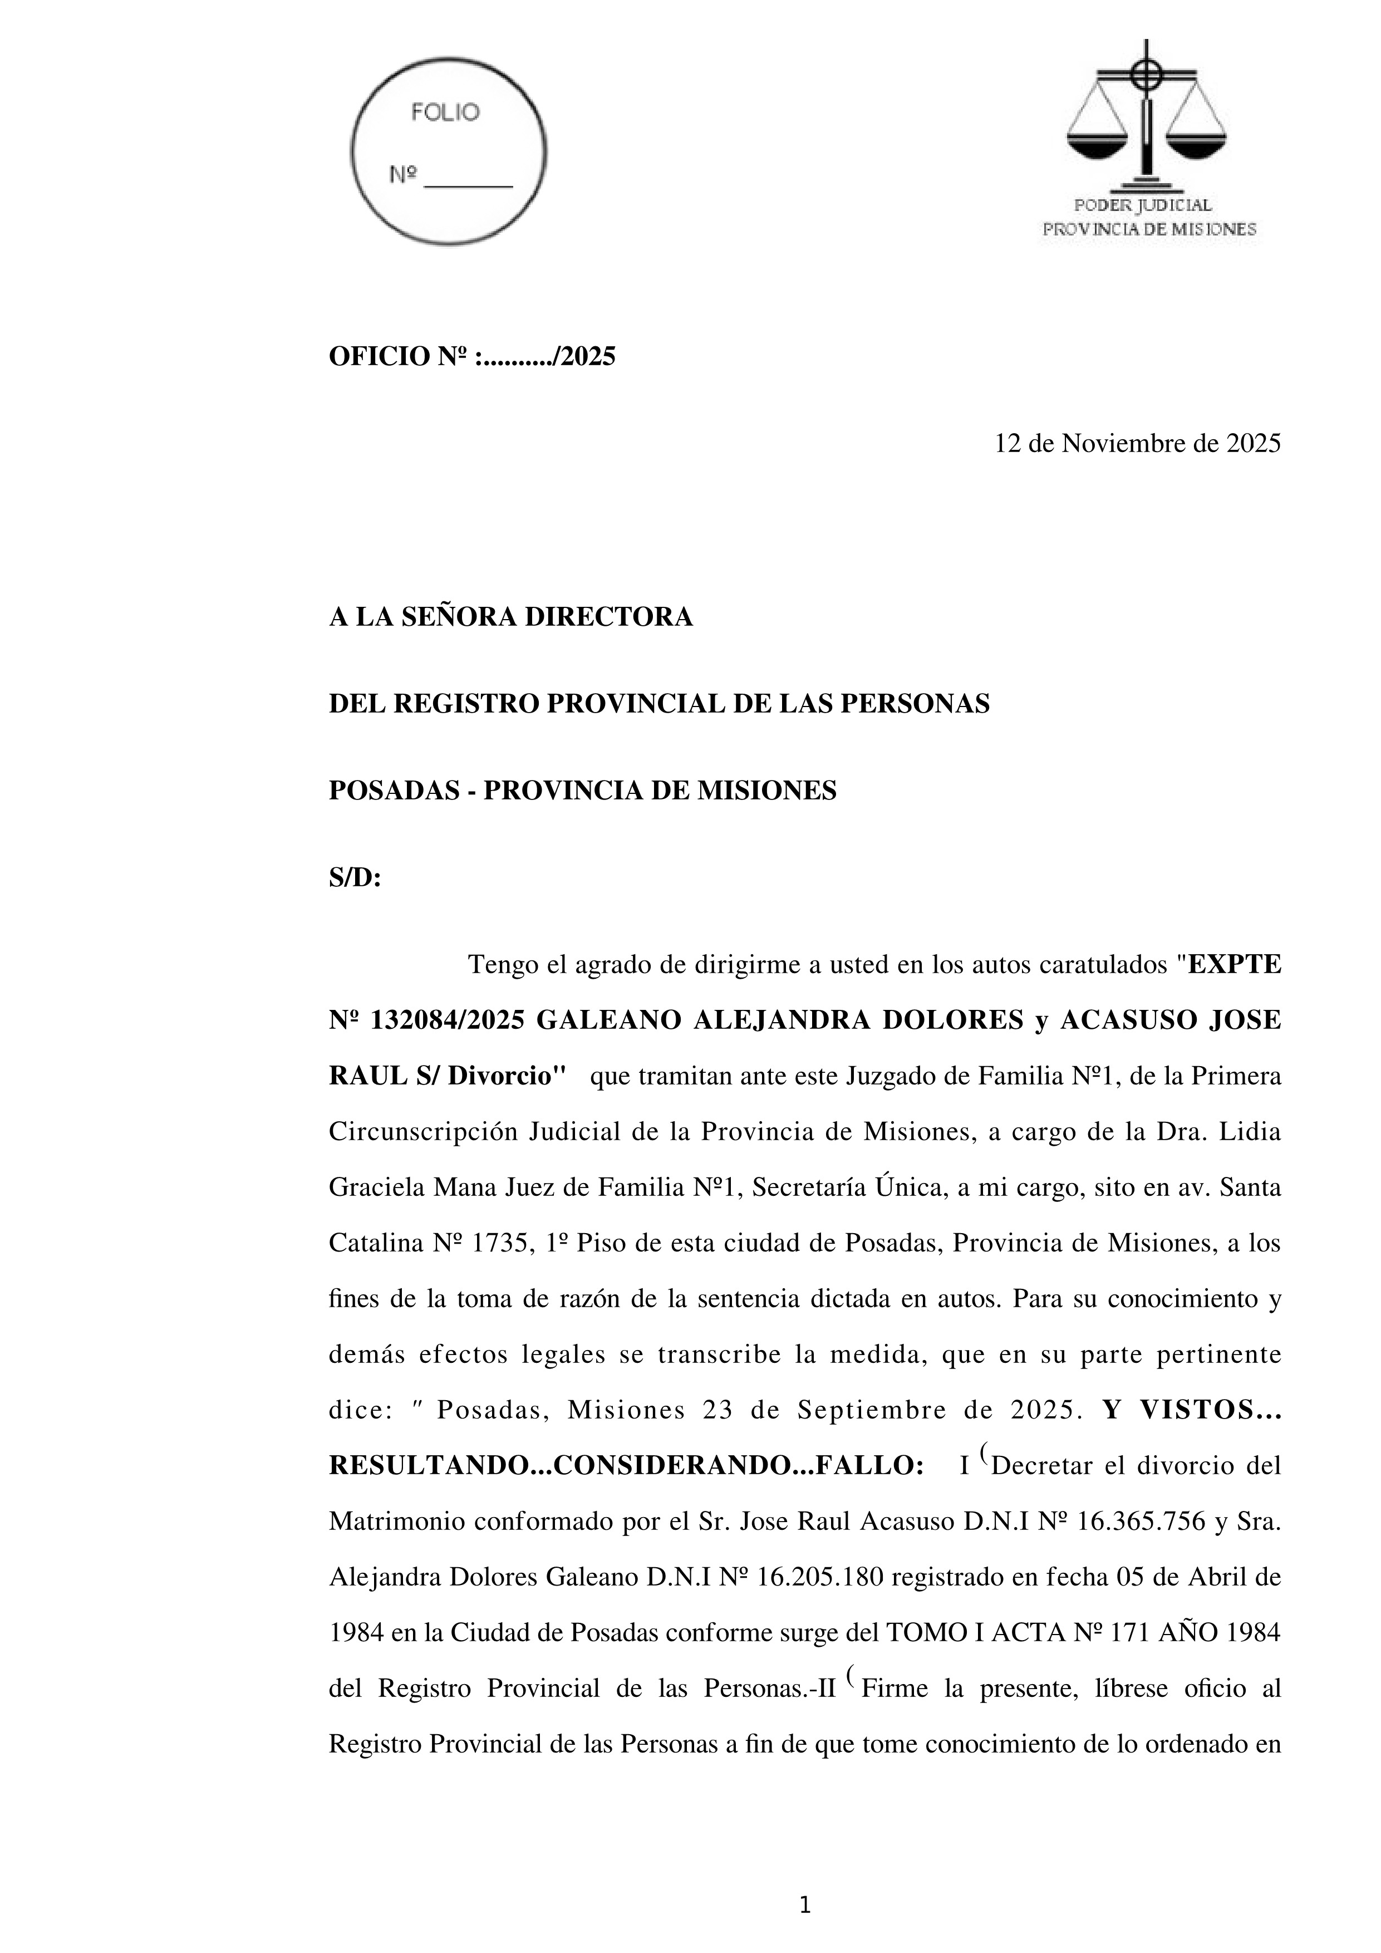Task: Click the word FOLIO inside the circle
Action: pyautogui.click(x=445, y=112)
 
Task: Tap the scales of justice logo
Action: pyautogui.click(x=1146, y=115)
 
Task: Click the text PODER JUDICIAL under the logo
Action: pyautogui.click(x=1143, y=205)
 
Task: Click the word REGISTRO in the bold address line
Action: pyautogui.click(x=464, y=704)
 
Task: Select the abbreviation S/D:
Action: pyautogui.click(x=355, y=878)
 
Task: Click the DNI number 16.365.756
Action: pyautogui.click(x=1141, y=1521)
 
